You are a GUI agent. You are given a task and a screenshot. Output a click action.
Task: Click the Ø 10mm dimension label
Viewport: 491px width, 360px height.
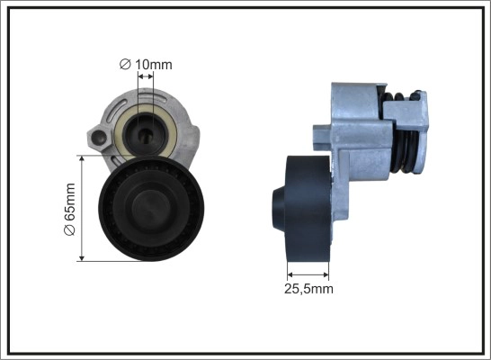tap(146, 65)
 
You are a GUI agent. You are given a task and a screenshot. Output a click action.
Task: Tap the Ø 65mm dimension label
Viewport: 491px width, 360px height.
tap(69, 210)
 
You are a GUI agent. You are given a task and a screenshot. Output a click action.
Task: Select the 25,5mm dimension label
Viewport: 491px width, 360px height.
tap(308, 289)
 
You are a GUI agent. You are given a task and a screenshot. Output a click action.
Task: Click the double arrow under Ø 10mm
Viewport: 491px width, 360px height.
tap(146, 76)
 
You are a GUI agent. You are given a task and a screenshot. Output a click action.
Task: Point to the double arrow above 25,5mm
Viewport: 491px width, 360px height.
tap(308, 274)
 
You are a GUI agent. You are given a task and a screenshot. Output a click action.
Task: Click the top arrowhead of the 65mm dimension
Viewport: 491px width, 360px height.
tap(82, 158)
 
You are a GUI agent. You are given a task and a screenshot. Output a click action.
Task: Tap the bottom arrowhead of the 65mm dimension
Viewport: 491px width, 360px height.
tap(82, 258)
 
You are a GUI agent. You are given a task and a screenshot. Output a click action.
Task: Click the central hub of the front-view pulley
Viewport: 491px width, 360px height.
tap(151, 209)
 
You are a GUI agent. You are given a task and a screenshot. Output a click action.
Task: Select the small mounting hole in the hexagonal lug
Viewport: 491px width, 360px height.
tap(101, 136)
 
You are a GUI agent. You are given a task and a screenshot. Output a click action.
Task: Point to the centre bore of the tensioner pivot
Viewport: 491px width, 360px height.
tap(145, 134)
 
